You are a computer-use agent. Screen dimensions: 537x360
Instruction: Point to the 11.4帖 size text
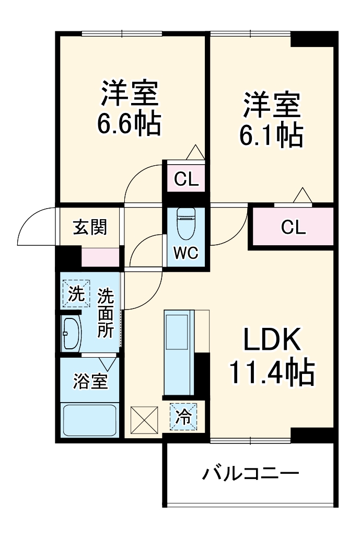(x=271, y=372)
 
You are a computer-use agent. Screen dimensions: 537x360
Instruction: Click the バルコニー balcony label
(x=251, y=475)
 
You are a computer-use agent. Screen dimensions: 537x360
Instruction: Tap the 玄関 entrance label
(x=90, y=227)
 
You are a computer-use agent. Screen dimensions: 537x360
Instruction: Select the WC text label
(x=186, y=253)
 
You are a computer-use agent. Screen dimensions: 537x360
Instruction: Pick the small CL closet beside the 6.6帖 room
(x=186, y=179)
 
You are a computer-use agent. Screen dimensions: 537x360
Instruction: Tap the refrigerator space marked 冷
(x=183, y=417)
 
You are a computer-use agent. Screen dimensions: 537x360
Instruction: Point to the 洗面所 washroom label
(x=106, y=313)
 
